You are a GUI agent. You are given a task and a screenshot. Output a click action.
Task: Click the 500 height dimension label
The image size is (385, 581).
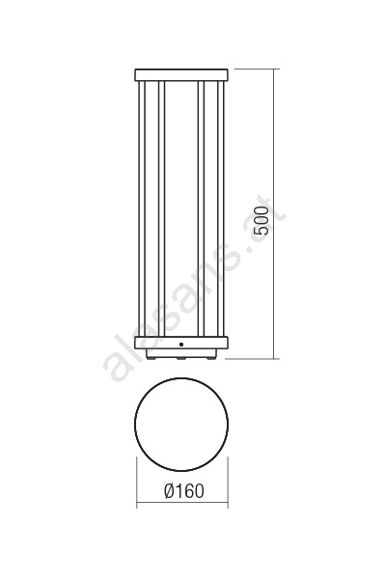[262, 221]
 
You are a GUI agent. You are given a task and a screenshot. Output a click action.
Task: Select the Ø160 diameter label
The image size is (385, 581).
[183, 491]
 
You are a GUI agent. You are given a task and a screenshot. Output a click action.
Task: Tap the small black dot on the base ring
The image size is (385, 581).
[181, 345]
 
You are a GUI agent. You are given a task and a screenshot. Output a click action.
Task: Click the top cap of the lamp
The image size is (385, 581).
[181, 75]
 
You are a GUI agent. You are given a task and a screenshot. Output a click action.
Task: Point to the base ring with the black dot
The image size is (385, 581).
[181, 343]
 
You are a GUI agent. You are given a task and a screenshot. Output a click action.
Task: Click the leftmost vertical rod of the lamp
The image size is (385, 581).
[142, 208]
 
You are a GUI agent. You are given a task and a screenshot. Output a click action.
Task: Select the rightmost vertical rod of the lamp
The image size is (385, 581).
[221, 208]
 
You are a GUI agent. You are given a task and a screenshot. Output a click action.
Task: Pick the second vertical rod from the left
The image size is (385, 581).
[161, 208]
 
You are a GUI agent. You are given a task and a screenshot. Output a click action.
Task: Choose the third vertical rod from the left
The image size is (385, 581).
[202, 208]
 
